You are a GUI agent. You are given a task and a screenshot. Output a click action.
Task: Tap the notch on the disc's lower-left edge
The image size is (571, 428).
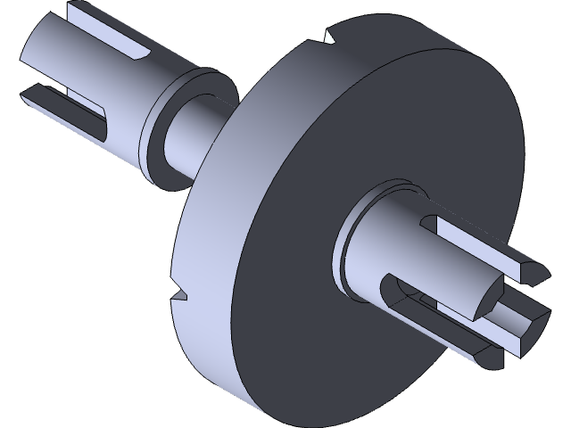point(181,292)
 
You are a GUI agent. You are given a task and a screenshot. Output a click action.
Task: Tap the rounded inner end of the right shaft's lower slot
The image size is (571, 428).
point(393,290)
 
